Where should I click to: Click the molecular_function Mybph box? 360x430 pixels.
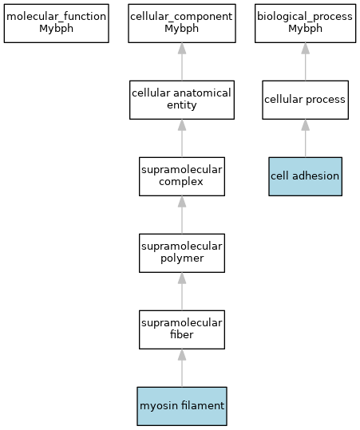coord(56,23)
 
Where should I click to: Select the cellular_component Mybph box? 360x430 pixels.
coord(182,23)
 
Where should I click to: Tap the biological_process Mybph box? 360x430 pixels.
coord(306,23)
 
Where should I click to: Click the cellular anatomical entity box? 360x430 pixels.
coord(182,100)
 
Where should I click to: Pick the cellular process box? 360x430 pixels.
coord(306,100)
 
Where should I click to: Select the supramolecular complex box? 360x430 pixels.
coord(182,176)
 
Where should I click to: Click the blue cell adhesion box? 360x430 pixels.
coord(306,176)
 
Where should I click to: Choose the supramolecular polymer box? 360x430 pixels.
coord(182,253)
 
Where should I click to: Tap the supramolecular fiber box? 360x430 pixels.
coord(182,329)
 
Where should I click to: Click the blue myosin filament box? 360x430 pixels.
coord(182,406)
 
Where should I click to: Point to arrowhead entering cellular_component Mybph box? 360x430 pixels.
coord(182,48)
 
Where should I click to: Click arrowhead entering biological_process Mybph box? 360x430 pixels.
coord(306,48)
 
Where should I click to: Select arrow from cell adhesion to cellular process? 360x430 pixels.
coord(306,138)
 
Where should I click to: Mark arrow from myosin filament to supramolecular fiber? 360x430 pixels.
coord(182,368)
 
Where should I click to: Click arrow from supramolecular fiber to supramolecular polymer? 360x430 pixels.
coord(182,291)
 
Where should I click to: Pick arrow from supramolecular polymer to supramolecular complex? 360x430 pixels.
coord(182,215)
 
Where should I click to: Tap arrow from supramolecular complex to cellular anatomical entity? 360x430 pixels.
coord(182,138)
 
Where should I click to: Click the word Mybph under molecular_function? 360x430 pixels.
coord(56,29)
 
